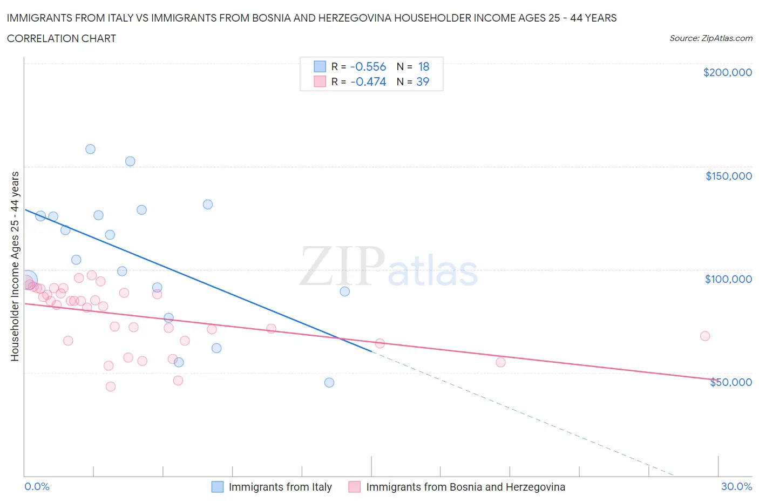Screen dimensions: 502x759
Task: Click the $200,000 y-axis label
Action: (727, 73)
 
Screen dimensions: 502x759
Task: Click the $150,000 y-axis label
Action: (728, 176)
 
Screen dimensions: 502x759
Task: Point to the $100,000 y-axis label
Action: (728, 279)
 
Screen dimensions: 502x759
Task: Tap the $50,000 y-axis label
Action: (730, 382)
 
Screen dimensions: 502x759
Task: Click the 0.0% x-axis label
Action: (37, 486)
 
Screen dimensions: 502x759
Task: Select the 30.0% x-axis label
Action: (736, 486)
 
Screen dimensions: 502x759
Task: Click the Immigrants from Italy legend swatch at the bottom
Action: (217, 487)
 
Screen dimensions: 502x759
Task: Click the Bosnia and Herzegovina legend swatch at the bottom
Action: (354, 487)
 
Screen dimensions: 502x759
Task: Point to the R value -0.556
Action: (368, 67)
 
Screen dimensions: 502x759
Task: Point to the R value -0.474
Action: (368, 82)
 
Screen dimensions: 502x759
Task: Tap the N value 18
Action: (424, 67)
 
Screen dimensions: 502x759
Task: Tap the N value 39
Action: (423, 82)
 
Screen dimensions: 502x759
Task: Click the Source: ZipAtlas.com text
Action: (710, 38)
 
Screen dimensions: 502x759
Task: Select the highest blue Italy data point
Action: (90, 149)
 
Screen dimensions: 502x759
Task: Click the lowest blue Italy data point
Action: (329, 383)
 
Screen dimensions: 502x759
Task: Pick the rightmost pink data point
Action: (704, 336)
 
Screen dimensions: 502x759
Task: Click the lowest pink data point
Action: (111, 386)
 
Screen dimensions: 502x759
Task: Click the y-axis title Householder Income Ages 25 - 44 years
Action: (15, 266)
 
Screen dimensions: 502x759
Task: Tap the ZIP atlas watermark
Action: (389, 268)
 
